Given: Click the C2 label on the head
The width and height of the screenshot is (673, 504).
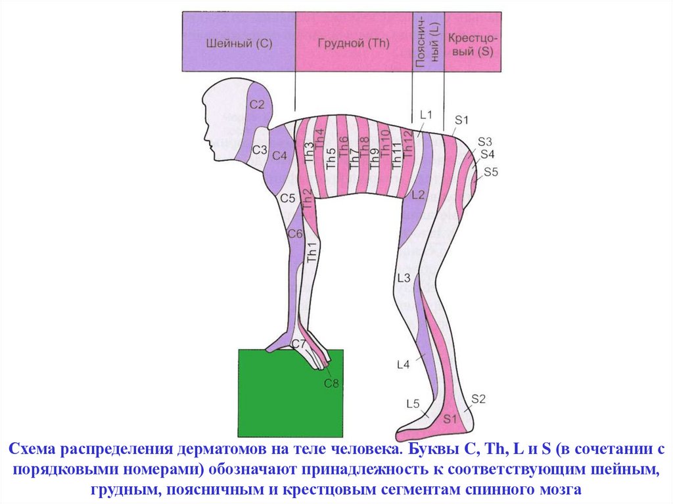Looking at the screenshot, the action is [x=257, y=104].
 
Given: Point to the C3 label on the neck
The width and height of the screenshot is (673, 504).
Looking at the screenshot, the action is [x=260, y=150].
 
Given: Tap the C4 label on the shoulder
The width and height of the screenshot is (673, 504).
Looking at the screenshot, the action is [x=280, y=156].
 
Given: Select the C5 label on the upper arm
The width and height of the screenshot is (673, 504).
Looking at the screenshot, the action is [x=287, y=198].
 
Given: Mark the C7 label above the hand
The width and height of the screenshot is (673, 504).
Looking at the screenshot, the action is [x=298, y=344].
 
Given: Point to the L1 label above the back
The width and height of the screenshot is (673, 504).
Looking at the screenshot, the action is [x=426, y=115].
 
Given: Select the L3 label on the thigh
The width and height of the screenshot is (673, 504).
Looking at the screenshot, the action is [x=404, y=277].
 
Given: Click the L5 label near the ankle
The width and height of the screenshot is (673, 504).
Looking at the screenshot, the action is [x=413, y=403].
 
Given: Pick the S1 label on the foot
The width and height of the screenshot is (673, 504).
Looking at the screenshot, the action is [x=450, y=418].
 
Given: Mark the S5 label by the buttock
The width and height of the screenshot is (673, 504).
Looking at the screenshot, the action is [x=492, y=172].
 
